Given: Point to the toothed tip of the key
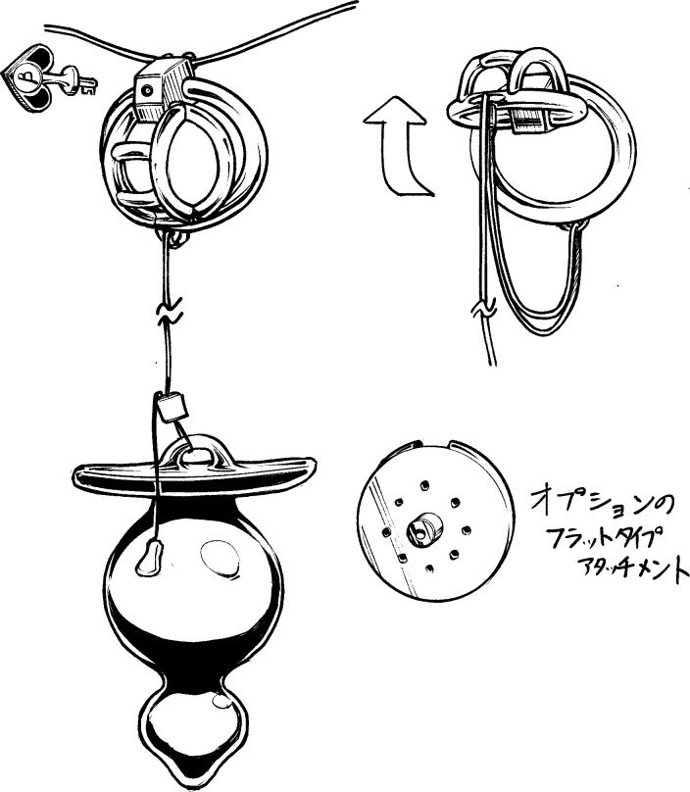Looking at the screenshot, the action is click(89, 86).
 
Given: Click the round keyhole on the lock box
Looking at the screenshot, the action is click(147, 91).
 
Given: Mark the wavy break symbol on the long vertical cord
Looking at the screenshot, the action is click(170, 312).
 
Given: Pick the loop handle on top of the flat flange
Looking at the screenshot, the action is click(193, 451).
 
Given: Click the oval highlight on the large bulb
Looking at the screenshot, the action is click(220, 559).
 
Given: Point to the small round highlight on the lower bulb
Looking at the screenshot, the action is click(222, 701).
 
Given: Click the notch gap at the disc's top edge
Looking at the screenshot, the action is click(435, 445).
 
